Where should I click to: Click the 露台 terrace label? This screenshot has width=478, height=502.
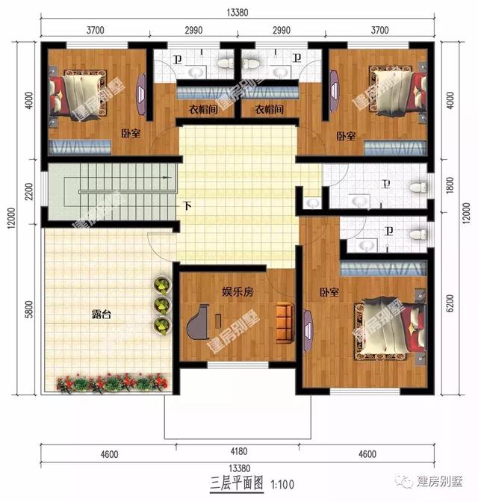coord(101,314)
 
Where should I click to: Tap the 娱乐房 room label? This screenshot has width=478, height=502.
coord(238,291)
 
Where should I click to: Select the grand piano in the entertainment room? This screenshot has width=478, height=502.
coord(197,321)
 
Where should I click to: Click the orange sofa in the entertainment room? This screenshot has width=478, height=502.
coord(285,322)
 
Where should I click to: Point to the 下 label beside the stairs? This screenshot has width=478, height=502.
coord(187,205)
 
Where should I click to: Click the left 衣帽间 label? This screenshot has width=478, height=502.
coord(203,110)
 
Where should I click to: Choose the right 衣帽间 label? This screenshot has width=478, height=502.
coord(270,110)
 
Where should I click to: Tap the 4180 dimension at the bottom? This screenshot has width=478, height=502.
coord(239,451)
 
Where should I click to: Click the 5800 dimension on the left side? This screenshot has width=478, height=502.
coord(29,309)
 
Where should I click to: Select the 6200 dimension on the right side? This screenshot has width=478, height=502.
coord(450,303)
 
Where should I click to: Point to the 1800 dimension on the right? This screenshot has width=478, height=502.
coord(450,185)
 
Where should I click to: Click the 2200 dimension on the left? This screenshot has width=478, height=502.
coord(29,191)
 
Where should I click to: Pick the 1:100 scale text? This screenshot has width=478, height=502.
coord(282,484)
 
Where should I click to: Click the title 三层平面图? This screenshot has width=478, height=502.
coord(237,483)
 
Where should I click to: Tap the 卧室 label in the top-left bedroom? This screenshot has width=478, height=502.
coord(131,133)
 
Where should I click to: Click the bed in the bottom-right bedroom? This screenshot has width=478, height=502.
coord(390,329)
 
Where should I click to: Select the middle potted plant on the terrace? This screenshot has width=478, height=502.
coord(162,305)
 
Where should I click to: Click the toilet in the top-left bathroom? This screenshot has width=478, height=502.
coord(226,63)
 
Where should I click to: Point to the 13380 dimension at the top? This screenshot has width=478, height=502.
coord(238,13)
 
